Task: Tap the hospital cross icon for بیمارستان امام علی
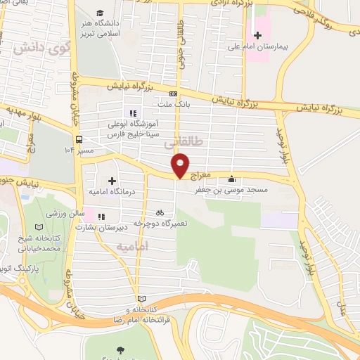click(258, 35)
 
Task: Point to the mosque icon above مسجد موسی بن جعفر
click(232, 179)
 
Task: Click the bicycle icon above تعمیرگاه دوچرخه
click(160, 212)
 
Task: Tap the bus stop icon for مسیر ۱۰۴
click(79, 139)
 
